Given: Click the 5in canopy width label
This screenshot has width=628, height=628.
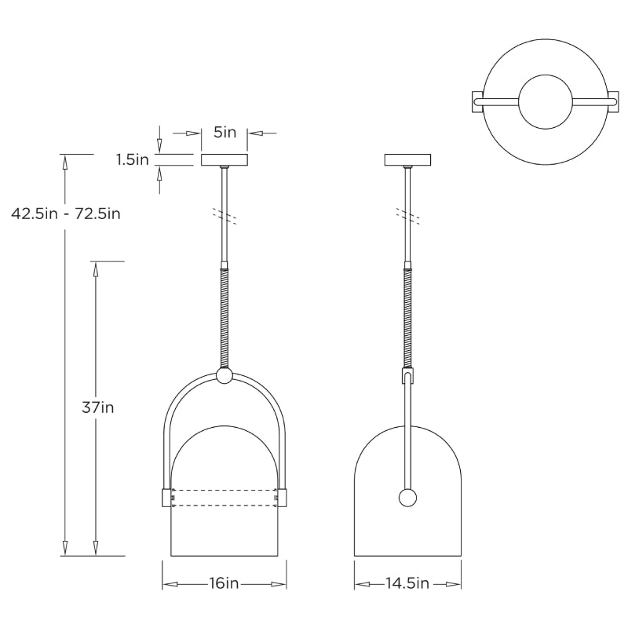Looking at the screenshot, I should [x=225, y=133].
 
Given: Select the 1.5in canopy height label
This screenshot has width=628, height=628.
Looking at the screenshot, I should [x=132, y=160].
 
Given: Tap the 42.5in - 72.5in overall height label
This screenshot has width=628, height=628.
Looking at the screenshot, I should [x=65, y=213].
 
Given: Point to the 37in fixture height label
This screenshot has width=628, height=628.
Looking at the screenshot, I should [x=97, y=407].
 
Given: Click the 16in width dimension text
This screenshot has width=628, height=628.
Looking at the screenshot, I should [x=224, y=583].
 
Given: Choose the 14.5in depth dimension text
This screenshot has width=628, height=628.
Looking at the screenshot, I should [x=407, y=583].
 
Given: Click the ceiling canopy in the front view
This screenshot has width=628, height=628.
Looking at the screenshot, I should [x=225, y=160].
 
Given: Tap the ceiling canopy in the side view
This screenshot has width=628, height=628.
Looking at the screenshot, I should [x=407, y=160].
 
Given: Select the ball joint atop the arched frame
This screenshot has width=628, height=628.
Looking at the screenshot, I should [x=225, y=377].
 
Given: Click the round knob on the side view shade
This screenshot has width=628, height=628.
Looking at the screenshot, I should [x=407, y=497].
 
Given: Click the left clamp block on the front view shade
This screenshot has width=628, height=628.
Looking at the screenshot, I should [x=166, y=497].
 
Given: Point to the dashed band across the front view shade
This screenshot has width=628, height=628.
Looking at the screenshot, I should [x=225, y=497].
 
